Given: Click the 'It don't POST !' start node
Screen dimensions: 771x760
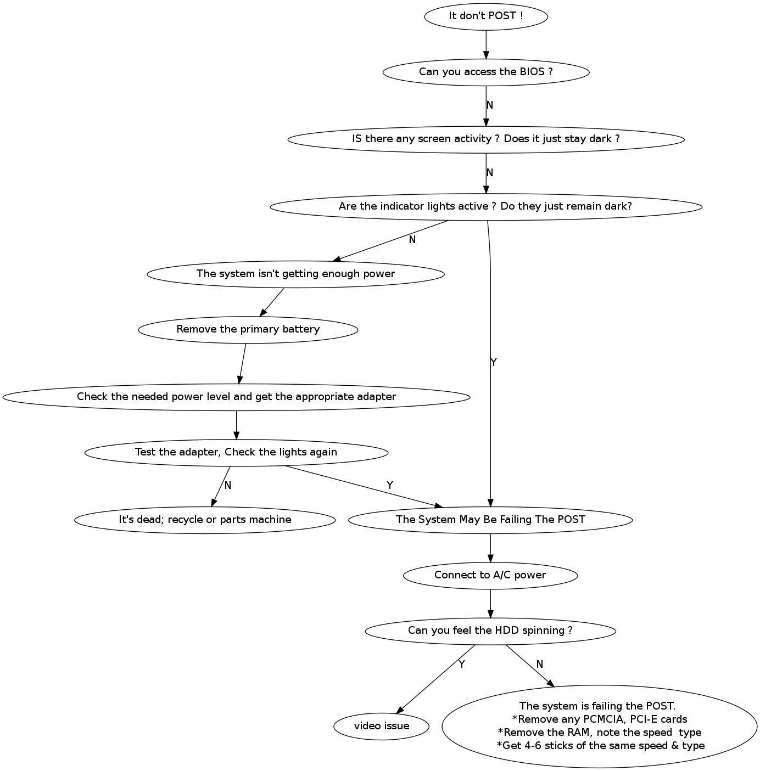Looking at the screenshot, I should [x=485, y=16].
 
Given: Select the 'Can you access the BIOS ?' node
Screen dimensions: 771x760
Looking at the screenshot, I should [x=485, y=72].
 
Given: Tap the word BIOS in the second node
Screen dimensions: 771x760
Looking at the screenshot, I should [x=532, y=72].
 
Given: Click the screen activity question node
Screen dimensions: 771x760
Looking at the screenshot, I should [x=485, y=139].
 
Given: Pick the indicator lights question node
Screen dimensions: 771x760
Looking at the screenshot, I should [x=485, y=206].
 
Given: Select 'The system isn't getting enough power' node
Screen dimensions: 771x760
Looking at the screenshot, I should [x=295, y=274].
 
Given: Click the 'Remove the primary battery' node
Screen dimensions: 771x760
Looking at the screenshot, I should [x=248, y=329].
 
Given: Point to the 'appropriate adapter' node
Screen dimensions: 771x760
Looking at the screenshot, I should [x=236, y=397].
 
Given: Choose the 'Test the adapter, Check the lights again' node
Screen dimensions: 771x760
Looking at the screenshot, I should [x=236, y=452].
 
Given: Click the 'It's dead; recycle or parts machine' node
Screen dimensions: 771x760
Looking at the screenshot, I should [x=205, y=520].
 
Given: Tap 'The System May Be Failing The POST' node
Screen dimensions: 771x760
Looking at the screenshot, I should [x=490, y=520].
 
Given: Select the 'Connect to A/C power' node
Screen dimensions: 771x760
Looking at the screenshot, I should [x=490, y=575].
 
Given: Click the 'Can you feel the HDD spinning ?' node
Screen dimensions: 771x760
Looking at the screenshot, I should [x=490, y=631].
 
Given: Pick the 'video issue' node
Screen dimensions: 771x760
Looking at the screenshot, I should [x=381, y=726].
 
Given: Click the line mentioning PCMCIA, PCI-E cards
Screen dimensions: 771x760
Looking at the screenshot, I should [x=599, y=719].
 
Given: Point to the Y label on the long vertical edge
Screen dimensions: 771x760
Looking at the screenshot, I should [x=493, y=363].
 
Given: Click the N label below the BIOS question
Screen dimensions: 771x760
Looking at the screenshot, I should [x=490, y=105].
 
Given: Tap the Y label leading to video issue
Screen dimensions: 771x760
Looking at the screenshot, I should [x=461, y=665].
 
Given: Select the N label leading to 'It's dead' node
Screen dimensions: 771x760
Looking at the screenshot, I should [x=228, y=486].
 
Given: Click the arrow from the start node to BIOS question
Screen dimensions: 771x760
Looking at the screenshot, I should [x=486, y=44].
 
